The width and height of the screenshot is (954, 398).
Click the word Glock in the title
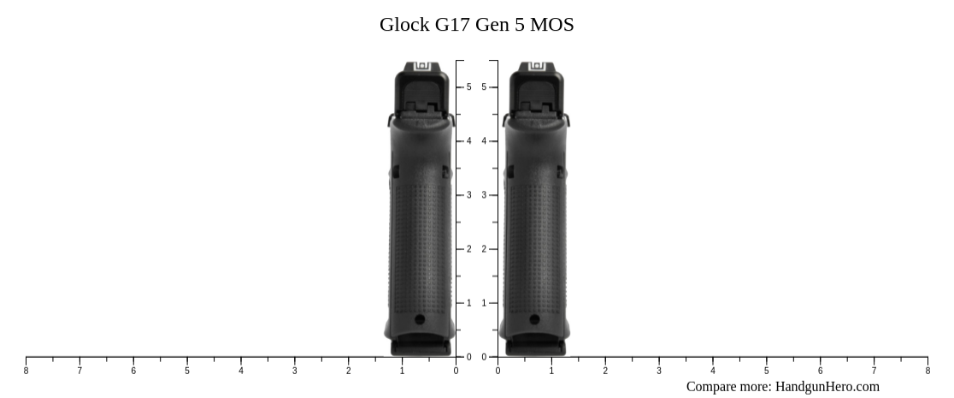404,25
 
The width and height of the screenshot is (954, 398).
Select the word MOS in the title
551,25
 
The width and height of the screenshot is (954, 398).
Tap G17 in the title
453,25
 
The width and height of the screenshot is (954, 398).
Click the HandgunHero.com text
827,386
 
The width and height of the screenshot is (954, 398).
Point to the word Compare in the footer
713,386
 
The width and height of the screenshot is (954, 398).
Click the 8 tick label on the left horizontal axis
26,371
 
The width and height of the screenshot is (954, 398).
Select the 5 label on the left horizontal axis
187,371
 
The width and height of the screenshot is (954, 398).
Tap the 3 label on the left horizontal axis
295,371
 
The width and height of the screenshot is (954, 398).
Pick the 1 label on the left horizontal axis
403,371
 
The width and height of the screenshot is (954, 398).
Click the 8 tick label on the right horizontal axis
927,371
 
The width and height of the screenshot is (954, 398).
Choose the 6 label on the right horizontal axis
820,371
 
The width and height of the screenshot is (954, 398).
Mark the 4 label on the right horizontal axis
712,371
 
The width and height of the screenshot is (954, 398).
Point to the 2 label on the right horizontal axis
605,371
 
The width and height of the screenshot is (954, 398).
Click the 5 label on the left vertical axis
468,87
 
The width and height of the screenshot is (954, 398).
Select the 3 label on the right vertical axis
484,195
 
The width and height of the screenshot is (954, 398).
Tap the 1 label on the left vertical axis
468,303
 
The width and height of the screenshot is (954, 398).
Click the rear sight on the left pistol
421,67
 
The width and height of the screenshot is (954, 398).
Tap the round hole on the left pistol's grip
420,319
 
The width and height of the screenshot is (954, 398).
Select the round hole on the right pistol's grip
534,319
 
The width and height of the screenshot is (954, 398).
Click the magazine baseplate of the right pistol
535,347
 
